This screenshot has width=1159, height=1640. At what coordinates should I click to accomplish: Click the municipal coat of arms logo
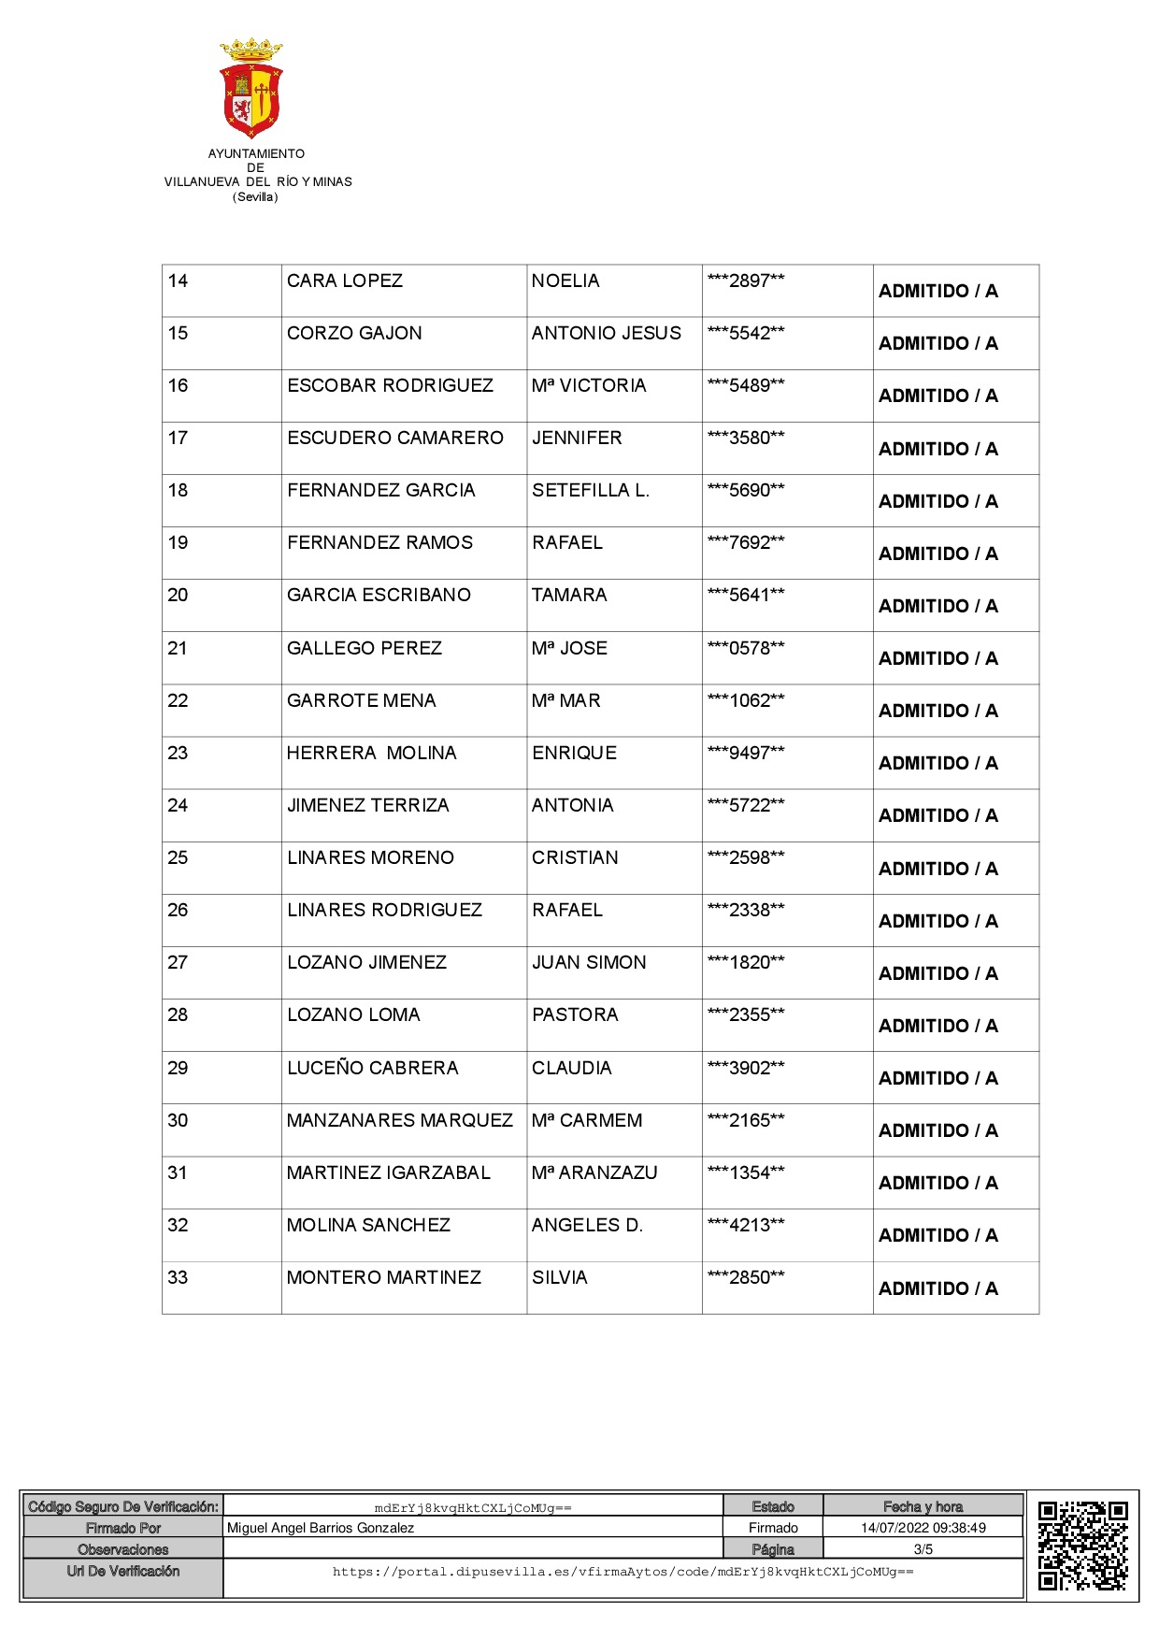251,88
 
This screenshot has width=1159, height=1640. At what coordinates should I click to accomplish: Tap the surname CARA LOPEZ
344,281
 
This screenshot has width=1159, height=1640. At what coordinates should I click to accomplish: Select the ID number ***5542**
745,334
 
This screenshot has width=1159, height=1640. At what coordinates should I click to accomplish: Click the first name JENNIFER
576,439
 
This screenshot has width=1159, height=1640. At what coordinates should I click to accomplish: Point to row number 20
178,596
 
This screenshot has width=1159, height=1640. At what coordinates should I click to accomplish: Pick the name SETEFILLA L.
590,491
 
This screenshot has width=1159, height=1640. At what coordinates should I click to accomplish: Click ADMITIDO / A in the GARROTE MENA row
937,712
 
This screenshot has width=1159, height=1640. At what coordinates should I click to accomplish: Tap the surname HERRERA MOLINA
371,754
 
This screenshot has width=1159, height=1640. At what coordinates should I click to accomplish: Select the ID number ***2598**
745,858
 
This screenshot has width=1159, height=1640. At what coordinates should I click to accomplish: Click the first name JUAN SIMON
588,963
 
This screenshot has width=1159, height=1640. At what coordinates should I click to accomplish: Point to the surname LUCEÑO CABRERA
372,1069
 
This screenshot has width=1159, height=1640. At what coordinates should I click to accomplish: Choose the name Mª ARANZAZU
594,1173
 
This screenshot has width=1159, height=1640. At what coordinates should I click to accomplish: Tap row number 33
178,1278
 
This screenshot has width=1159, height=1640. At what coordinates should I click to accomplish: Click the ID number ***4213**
745,1226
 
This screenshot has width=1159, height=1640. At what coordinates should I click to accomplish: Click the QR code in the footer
1082,1546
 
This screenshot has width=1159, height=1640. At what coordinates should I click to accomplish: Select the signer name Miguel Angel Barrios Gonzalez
320,1528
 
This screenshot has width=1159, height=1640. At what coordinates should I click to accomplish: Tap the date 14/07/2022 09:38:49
923,1528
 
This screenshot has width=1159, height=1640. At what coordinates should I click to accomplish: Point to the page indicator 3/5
923,1549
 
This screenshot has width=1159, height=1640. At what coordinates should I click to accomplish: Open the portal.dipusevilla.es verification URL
622,1572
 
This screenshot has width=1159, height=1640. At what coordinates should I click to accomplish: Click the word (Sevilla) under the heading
255,197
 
